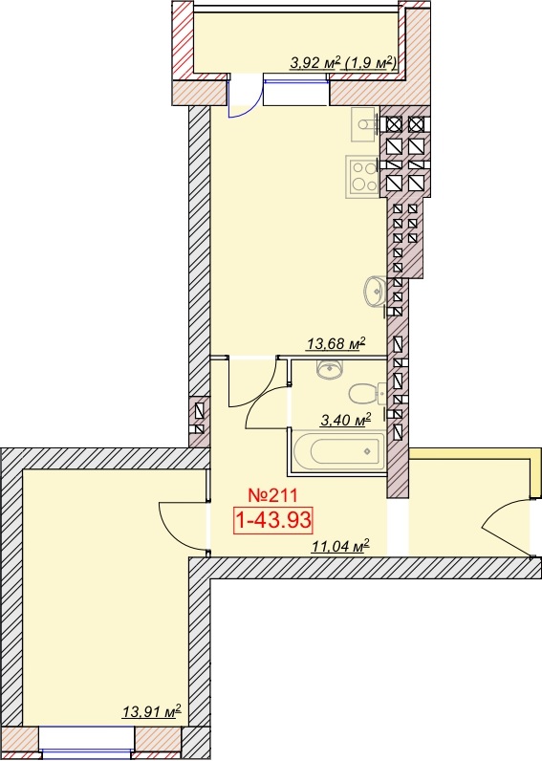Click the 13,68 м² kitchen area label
click(336, 343)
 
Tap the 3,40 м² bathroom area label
click(345, 420)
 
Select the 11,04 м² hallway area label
click(340, 546)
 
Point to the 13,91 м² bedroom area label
click(151, 711)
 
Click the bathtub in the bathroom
click(338, 451)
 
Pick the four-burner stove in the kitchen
click(362, 177)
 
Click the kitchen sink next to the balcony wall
click(364, 124)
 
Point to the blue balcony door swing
click(245, 98)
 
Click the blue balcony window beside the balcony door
click(296, 89)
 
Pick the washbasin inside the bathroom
click(330, 370)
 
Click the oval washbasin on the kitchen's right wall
click(375, 292)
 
